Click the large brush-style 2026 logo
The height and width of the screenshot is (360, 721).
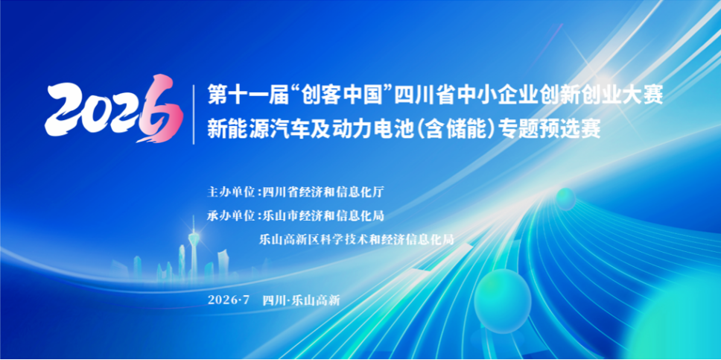click(114, 108)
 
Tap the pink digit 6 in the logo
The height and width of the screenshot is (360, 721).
click(161, 108)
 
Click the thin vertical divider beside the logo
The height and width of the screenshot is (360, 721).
click(194, 114)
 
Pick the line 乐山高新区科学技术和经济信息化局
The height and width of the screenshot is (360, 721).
click(357, 239)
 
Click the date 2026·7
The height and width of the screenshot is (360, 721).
click(229, 300)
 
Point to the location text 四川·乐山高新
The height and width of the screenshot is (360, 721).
click(301, 300)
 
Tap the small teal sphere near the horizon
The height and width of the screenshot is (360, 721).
click(565, 199)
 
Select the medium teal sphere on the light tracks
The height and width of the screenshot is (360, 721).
click(503, 301)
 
